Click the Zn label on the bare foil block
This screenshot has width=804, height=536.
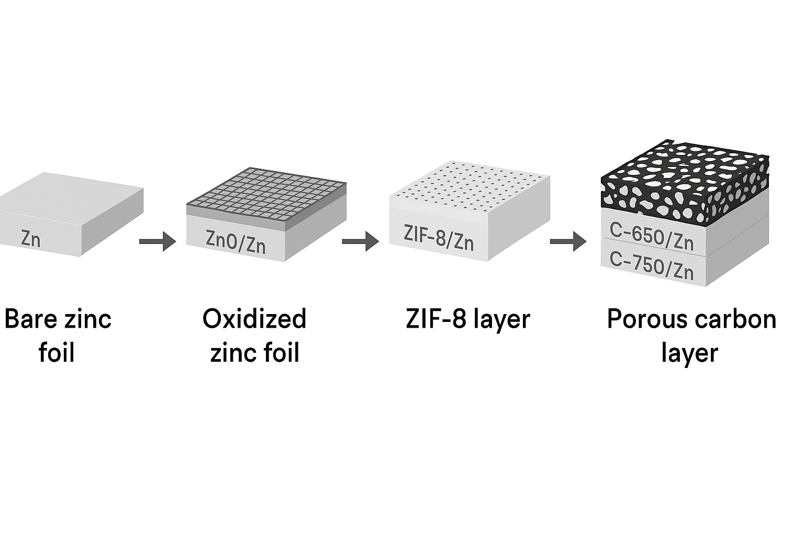(x=30, y=238)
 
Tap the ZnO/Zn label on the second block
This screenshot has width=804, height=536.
(x=236, y=243)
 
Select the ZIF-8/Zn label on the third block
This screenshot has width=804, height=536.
(x=439, y=238)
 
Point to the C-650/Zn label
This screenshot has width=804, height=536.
(x=652, y=237)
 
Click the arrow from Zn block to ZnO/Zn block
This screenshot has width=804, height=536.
(x=158, y=241)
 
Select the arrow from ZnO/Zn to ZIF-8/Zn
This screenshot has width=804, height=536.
(x=360, y=241)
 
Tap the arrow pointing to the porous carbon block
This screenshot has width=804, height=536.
(x=568, y=241)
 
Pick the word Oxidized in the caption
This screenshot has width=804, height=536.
(x=254, y=319)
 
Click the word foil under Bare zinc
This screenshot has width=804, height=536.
(x=57, y=353)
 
